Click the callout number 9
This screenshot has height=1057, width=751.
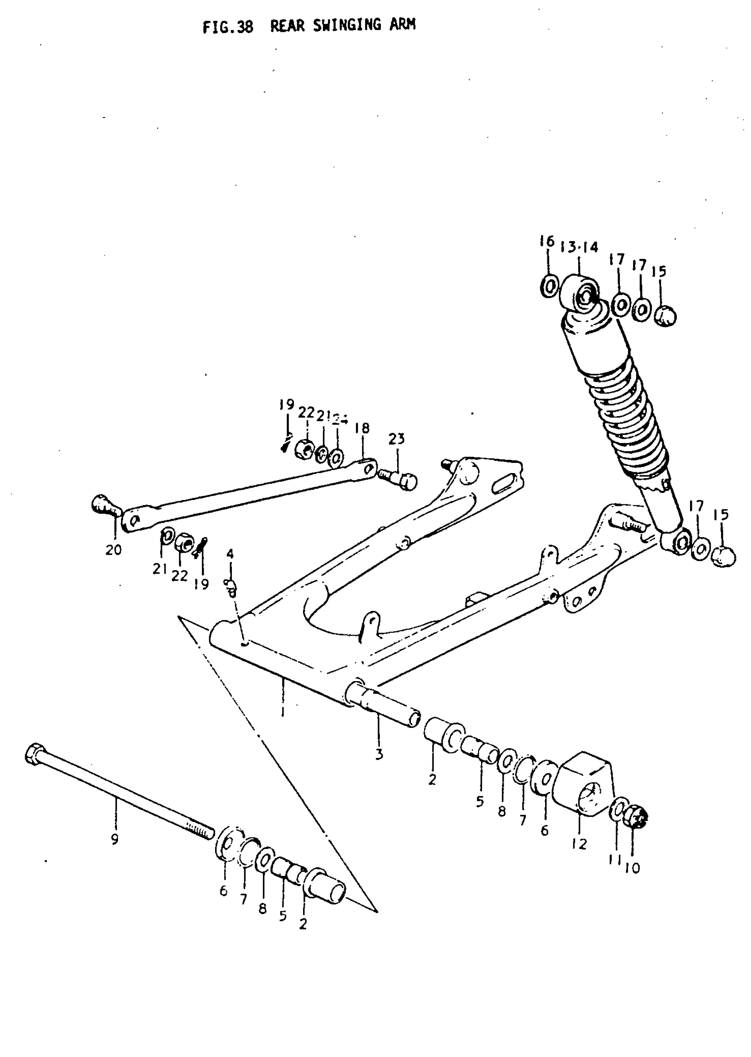coord(115,839)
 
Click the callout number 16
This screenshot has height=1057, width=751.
coord(546,241)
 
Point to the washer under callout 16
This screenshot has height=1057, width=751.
coord(550,287)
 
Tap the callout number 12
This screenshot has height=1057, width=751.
coord(579,844)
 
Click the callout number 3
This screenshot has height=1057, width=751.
coord(379,754)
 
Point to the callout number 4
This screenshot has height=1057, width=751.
coord(230,553)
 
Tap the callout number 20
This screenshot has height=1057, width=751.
coord(113,550)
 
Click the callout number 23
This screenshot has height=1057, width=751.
coord(396,439)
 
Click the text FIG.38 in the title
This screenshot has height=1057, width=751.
coord(228,27)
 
